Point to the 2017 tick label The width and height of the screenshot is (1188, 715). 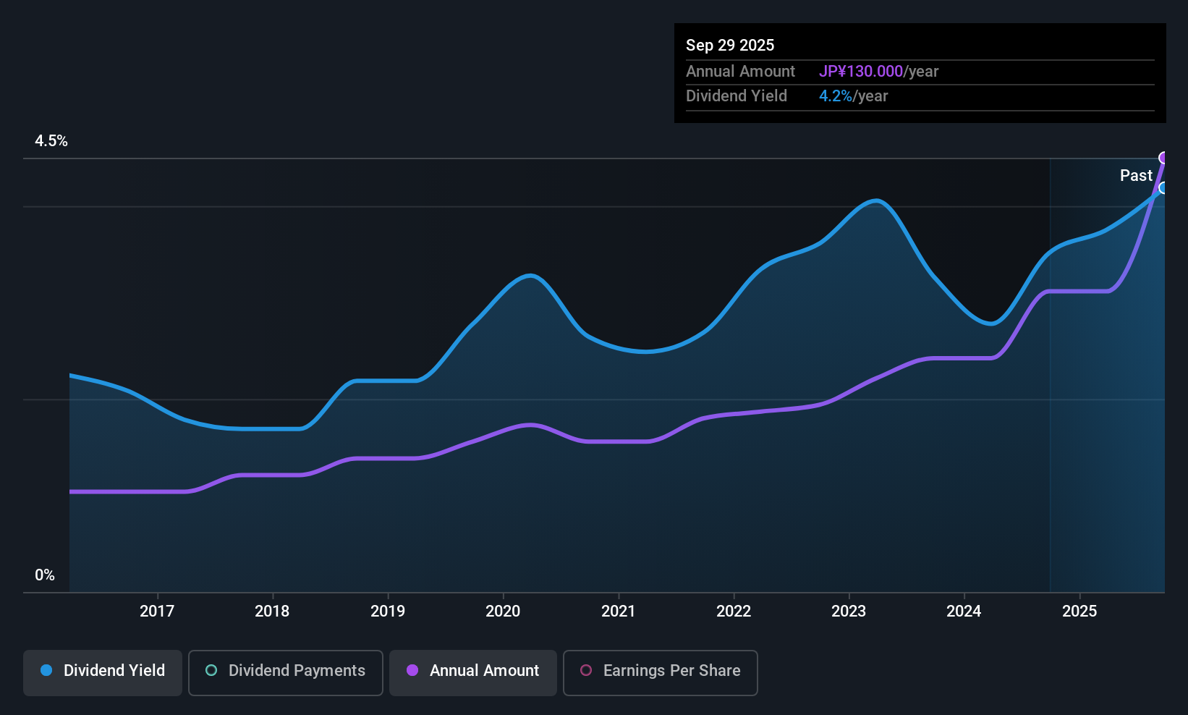tap(157, 612)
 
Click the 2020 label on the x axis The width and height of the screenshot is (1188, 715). tap(503, 612)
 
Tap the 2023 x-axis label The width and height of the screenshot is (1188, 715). tap(849, 612)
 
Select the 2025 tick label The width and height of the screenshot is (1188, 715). tap(1079, 612)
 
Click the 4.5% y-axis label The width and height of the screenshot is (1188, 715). tap(51, 141)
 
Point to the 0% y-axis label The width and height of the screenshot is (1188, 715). tap(45, 575)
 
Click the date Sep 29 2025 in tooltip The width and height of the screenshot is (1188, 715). tap(730, 46)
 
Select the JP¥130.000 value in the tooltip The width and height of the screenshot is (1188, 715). tap(861, 72)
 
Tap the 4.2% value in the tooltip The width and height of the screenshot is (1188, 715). tap(836, 96)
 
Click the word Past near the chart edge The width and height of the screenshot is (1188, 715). tap(1136, 176)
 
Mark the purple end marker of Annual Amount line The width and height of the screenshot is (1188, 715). tap(1163, 158)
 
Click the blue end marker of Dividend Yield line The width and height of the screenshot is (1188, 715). tap(1163, 188)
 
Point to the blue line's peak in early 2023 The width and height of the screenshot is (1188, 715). tap(876, 200)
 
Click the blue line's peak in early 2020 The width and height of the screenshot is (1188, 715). tap(531, 276)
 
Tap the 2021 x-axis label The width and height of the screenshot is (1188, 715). tap(618, 612)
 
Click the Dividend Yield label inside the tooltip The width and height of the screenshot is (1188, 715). tap(737, 96)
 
